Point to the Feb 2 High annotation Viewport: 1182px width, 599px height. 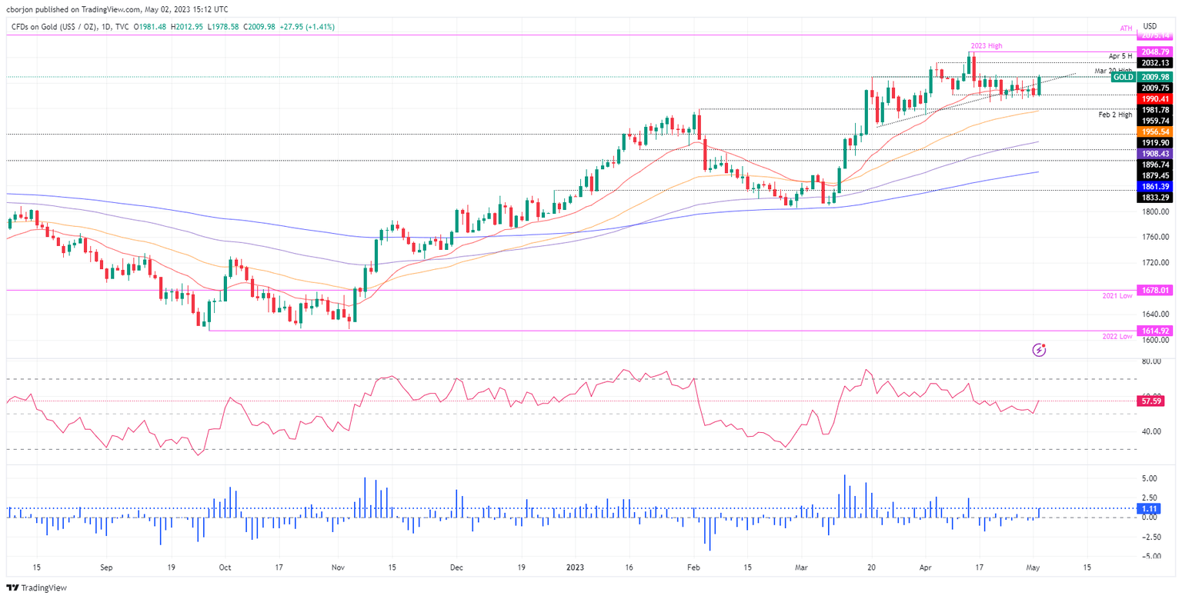tap(1116, 114)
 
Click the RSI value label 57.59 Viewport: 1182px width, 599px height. tap(1151, 401)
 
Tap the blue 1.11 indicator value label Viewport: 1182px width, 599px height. tap(1151, 508)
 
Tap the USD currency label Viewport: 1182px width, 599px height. tap(1151, 26)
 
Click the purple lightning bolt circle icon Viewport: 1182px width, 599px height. tap(1040, 350)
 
